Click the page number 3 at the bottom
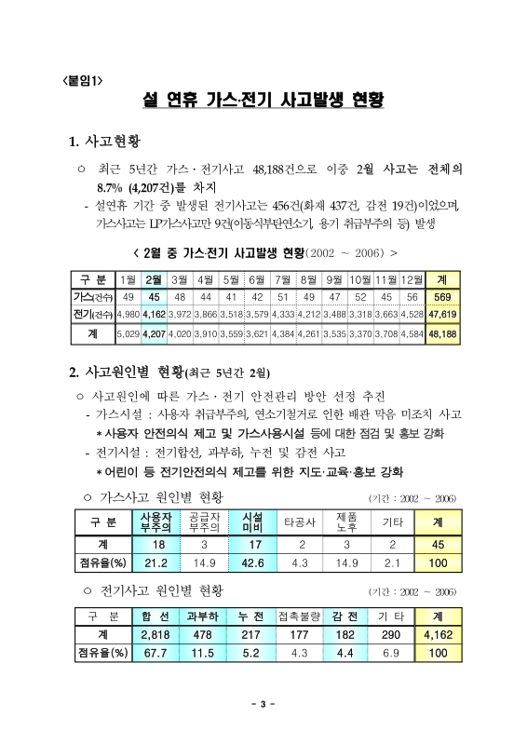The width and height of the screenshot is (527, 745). click(263, 703)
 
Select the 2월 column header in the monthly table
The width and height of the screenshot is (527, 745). click(155, 279)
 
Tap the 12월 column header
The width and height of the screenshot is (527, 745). click(412, 279)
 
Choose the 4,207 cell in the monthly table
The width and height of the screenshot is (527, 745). click(155, 332)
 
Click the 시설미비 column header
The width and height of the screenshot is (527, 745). click(251, 521)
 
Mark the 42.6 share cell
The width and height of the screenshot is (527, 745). click(251, 562)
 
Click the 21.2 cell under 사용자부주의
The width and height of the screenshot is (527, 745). click(155, 562)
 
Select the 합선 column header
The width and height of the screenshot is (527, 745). click(155, 616)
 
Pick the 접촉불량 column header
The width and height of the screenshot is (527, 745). click(299, 616)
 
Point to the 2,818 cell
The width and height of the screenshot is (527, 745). click(155, 634)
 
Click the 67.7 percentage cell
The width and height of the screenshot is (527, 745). click(155, 653)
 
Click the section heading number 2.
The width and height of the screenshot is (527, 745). click(74, 373)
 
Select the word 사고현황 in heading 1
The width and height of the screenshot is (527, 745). click(113, 142)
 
